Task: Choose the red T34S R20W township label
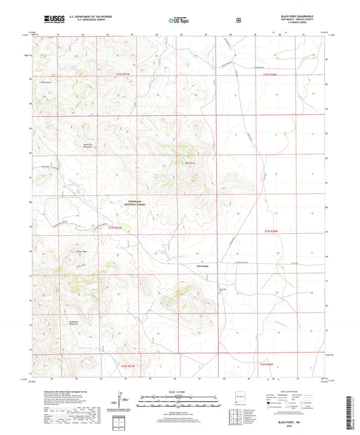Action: click(268, 363)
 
